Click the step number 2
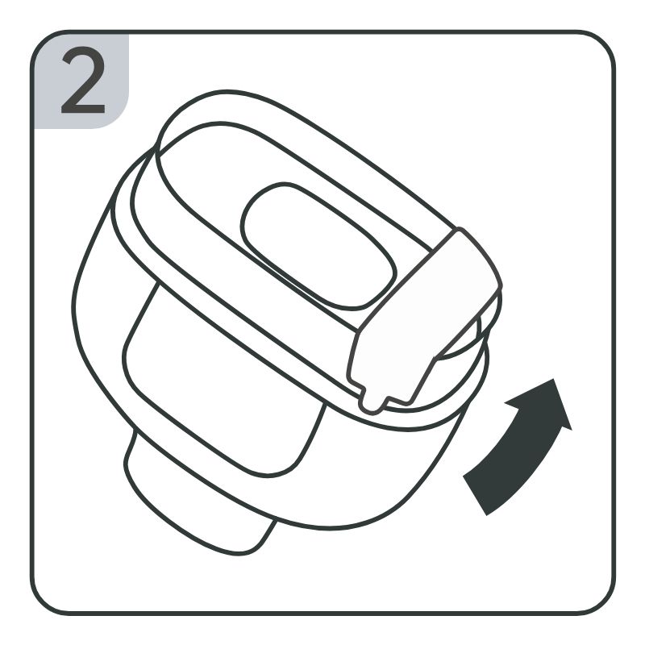coord(83,81)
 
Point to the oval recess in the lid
coord(318,246)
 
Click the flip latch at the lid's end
coord(424,318)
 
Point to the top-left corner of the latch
coord(459,229)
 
